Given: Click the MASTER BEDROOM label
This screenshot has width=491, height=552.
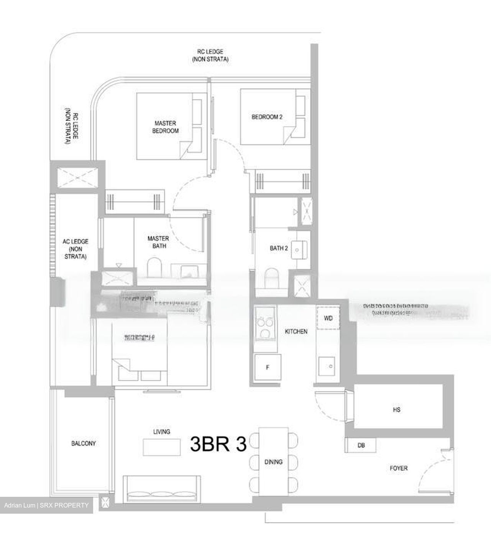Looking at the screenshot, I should (x=166, y=127).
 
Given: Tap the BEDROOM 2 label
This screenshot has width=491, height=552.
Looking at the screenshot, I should (x=267, y=117).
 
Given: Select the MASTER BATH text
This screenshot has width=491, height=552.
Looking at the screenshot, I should (x=158, y=242).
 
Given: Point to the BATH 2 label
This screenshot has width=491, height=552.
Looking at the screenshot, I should (x=279, y=248).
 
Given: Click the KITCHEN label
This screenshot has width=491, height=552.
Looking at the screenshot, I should (x=296, y=331).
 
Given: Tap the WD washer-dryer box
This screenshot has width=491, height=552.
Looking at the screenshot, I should (x=328, y=318).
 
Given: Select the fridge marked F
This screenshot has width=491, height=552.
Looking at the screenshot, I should (x=268, y=367).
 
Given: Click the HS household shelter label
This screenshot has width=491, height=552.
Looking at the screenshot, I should (x=396, y=410).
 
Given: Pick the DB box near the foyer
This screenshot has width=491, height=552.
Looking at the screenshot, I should (x=361, y=445).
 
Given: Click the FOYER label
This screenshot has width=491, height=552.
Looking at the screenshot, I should (x=399, y=468).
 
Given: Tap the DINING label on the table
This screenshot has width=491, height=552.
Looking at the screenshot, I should (x=273, y=462).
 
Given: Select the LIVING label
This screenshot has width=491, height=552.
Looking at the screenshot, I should (x=161, y=432).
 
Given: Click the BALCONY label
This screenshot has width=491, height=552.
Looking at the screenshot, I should (x=84, y=443).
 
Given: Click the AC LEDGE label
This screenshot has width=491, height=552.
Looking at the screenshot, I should (x=76, y=249).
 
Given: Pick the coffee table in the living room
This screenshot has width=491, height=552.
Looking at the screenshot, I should (x=161, y=447).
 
